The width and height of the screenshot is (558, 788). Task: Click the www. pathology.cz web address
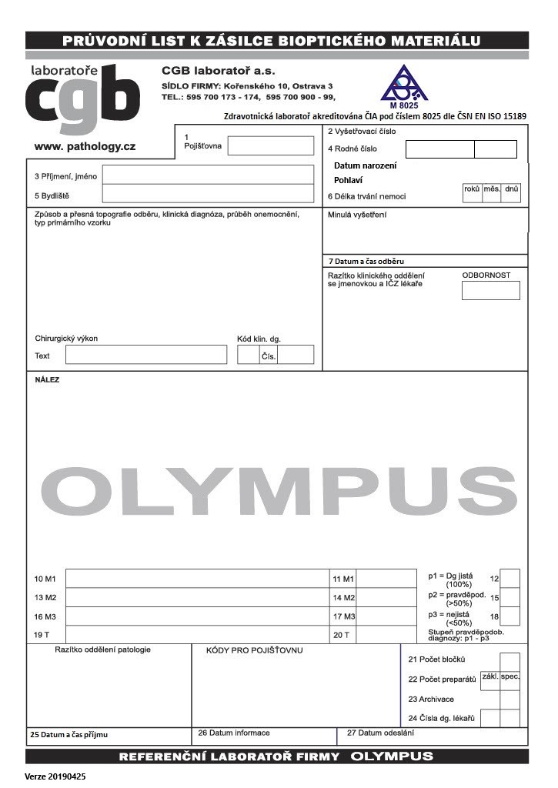pos(85,146)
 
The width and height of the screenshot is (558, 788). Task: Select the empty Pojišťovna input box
pos(270,145)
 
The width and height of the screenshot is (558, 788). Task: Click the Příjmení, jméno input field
pos(208,175)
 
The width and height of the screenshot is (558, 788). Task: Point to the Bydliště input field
pos(208,194)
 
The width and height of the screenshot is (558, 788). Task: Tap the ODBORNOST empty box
pos(490,290)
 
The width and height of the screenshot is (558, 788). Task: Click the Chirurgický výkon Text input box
pos(146,355)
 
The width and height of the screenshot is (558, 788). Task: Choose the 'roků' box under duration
pos(472,193)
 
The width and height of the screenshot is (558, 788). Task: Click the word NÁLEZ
pos(47,379)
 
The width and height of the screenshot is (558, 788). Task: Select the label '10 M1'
pos(45,579)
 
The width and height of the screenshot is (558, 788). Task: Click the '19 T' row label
pos(42,635)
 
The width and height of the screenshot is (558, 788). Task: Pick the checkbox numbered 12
pos(510,578)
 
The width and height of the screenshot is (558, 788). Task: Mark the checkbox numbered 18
pos(510,616)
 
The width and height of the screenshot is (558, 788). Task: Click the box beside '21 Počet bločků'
pos(510,661)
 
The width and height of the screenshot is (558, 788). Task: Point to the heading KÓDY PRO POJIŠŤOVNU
pos(254,650)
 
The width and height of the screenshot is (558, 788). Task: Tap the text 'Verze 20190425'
pos(55,776)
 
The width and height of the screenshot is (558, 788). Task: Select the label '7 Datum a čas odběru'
pos(366,262)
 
